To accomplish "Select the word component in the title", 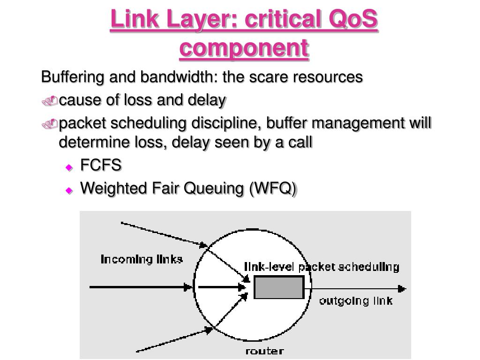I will [x=244, y=48].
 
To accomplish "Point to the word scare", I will [x=272, y=77].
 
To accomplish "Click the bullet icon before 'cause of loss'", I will [x=50, y=100].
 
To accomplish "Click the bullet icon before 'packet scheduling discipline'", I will [x=50, y=123].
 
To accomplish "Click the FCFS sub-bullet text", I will [x=101, y=165].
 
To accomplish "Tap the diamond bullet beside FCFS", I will [x=69, y=167].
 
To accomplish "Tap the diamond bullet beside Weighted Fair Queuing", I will [x=69, y=190].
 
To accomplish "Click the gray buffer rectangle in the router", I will [x=279, y=287].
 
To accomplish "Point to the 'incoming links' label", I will [x=142, y=259].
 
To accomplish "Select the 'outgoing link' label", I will [x=355, y=300].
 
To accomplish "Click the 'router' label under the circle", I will [x=264, y=351].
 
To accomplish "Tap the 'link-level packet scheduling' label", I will [x=322, y=267].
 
